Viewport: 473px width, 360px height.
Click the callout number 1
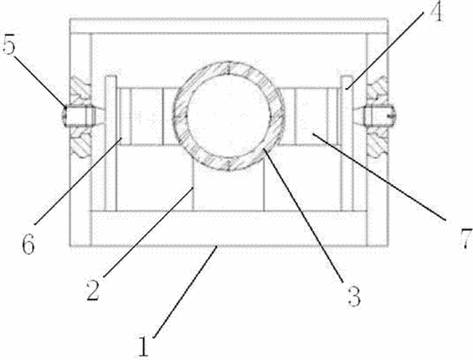pyautogui.click(x=144, y=346)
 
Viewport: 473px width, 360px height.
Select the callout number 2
pyautogui.click(x=93, y=290)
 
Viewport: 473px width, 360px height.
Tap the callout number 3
pyautogui.click(x=354, y=296)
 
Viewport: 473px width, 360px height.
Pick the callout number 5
pyautogui.click(x=9, y=45)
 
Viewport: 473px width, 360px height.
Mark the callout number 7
pyautogui.click(x=466, y=238)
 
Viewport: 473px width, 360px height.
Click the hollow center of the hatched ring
pyautogui.click(x=229, y=116)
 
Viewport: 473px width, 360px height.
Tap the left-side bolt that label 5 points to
pyautogui.click(x=79, y=116)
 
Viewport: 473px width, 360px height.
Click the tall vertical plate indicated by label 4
pyautogui.click(x=347, y=143)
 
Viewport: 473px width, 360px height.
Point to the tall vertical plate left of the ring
pyautogui.click(x=110, y=143)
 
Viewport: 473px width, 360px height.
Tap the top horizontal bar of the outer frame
pyautogui.click(x=229, y=26)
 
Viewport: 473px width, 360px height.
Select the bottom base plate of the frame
pyautogui.click(x=229, y=229)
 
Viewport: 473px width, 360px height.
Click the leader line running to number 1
pyautogui.click(x=185, y=292)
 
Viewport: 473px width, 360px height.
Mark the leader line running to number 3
pyautogui.click(x=303, y=215)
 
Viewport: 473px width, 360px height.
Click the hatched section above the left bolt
pyautogui.click(x=80, y=90)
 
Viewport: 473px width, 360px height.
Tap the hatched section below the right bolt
pyautogui.click(x=377, y=142)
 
